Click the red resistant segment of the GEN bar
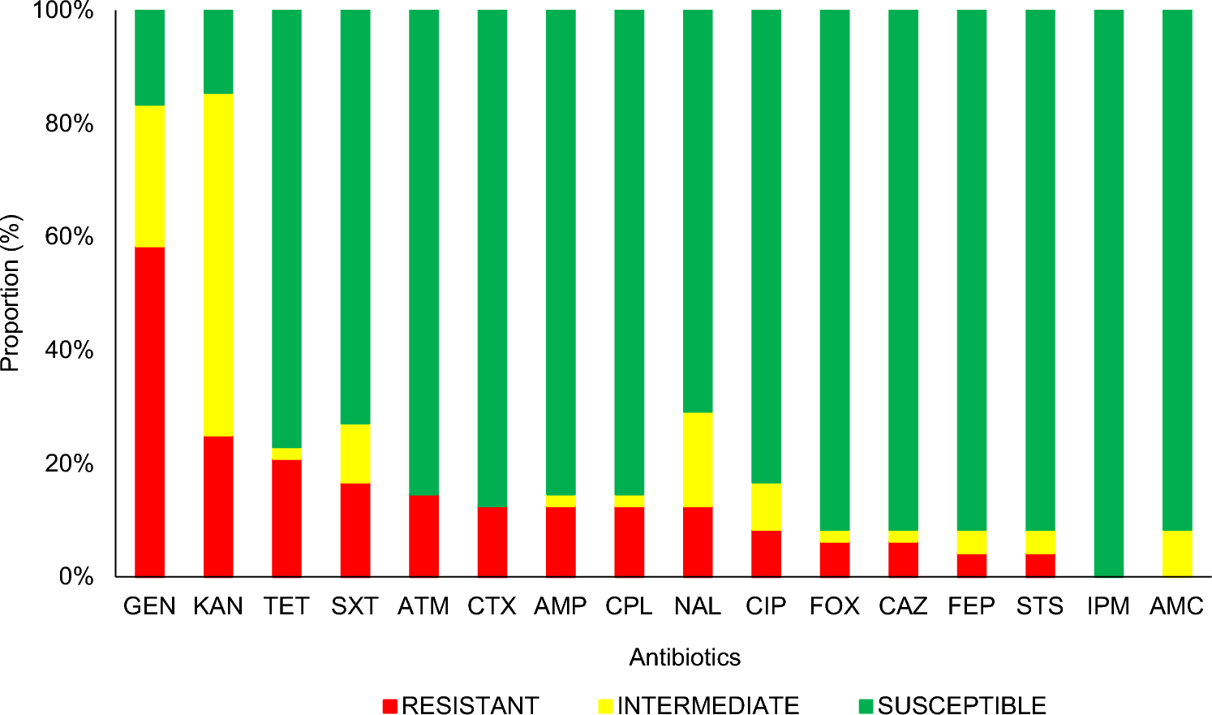(149, 411)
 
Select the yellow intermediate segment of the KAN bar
(218, 265)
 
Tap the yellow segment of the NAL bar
(698, 459)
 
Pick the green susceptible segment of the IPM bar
(1108, 292)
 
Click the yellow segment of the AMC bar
(1177, 553)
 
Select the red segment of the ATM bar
(423, 536)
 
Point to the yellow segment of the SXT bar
(355, 454)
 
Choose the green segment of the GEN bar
(149, 58)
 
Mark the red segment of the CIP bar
(766, 553)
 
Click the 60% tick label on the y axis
(70, 237)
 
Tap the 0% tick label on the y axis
(76, 577)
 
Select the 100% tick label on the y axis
(63, 11)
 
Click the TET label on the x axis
(286, 607)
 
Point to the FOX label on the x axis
(834, 607)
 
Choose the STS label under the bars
(1039, 607)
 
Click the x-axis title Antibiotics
(685, 657)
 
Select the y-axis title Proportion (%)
(11, 293)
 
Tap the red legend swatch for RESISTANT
(390, 705)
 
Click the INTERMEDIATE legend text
(707, 705)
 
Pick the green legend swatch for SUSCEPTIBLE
(866, 705)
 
